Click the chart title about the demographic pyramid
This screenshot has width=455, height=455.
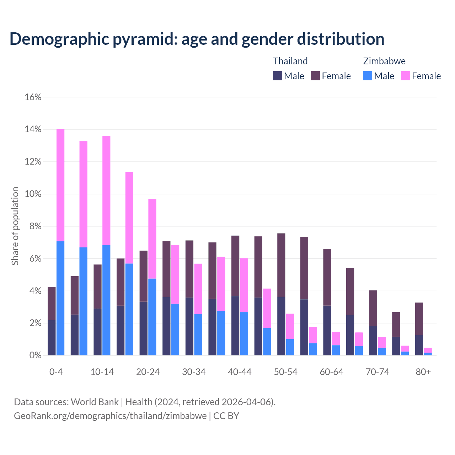tap(197, 39)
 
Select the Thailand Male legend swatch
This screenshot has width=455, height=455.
tap(278, 76)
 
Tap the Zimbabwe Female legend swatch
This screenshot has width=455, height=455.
tap(405, 76)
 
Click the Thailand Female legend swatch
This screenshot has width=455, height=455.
tap(315, 76)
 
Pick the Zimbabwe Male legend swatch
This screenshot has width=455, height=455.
tap(368, 76)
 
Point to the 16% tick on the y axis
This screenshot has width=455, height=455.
tap(33, 97)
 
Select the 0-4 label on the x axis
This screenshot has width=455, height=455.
tap(56, 372)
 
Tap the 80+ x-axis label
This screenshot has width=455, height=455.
tap(423, 372)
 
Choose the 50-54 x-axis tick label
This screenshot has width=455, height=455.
tap(285, 372)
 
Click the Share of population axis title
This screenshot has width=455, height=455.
tap(15, 226)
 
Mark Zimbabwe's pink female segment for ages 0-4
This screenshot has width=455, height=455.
tap(60, 185)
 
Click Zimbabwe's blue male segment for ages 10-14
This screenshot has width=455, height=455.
tap(106, 300)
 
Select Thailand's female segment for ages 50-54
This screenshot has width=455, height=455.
tap(281, 265)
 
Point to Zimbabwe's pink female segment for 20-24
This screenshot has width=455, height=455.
tap(152, 239)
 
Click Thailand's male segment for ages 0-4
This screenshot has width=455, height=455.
tap(52, 338)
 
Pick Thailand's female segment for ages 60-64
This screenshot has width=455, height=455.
tap(327, 277)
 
